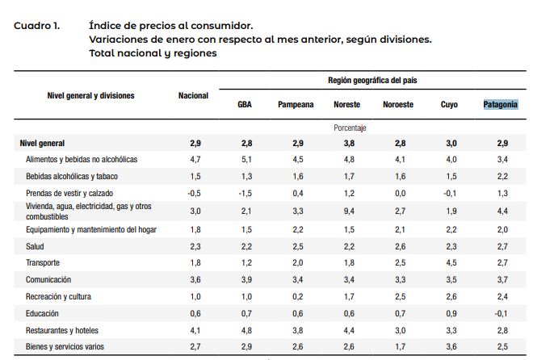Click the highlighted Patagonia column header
[500, 105]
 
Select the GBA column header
[244, 105]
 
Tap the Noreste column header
[347, 105]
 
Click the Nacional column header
[193, 96]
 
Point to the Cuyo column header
[449, 105]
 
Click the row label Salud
[36, 246]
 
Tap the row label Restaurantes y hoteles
[63, 330]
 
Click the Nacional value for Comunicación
[195, 280]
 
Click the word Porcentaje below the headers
[350, 128]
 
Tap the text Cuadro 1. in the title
[36, 25]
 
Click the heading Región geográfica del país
[372, 81]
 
